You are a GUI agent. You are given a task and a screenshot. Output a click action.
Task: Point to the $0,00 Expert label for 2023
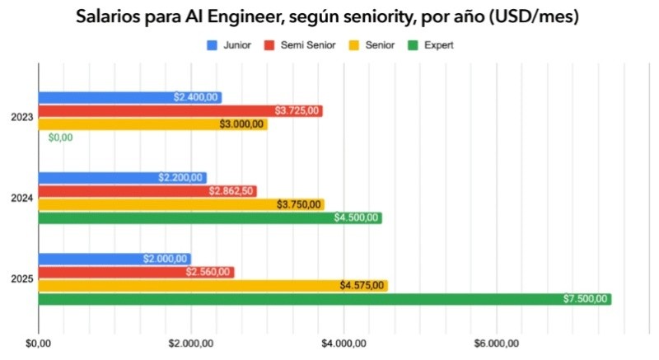[x=61, y=138]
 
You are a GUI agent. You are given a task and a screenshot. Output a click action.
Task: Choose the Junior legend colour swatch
[x=211, y=44]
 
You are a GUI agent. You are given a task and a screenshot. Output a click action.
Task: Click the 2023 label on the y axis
[x=22, y=118]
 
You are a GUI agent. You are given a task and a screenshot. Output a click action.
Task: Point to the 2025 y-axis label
[x=22, y=279]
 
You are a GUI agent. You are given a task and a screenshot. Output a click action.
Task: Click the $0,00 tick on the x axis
[x=39, y=343]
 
